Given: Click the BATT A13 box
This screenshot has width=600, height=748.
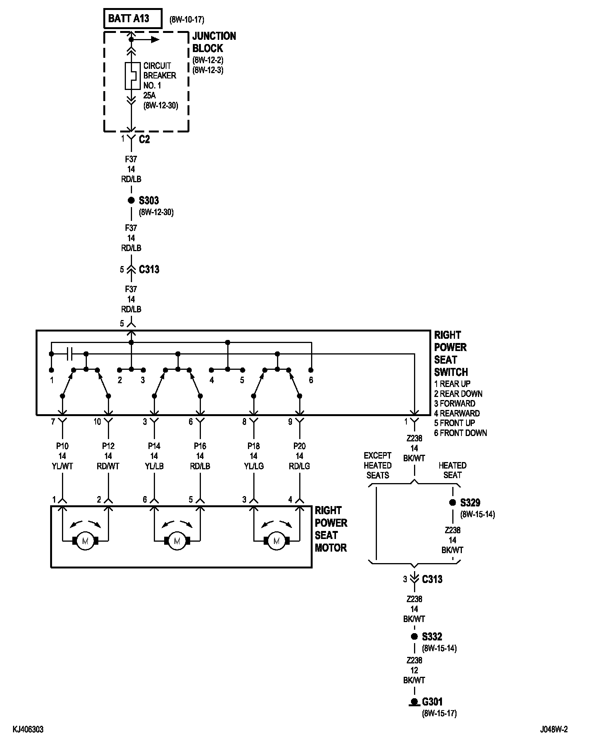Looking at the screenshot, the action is (x=132, y=18).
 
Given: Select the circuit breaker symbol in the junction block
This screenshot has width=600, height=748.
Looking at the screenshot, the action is (x=131, y=76).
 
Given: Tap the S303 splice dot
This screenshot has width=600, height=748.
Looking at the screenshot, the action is (x=131, y=200).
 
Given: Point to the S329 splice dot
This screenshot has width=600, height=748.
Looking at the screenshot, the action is (x=452, y=503).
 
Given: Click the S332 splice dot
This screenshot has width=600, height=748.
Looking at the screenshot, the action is (x=414, y=637).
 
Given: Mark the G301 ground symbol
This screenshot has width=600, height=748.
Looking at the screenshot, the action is (x=414, y=702).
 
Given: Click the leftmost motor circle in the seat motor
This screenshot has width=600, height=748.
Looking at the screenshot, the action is (x=85, y=541).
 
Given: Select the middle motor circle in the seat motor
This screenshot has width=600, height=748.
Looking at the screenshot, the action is (x=177, y=541).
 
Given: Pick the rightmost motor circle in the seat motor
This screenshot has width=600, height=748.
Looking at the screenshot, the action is (x=277, y=541).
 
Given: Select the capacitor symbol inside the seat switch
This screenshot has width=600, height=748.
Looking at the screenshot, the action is (x=69, y=354).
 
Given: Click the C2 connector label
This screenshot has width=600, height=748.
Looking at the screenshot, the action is (x=144, y=139).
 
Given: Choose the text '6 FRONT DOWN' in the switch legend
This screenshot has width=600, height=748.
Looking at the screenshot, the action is (x=460, y=433).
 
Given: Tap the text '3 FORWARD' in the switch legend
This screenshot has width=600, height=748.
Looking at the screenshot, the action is (x=455, y=403).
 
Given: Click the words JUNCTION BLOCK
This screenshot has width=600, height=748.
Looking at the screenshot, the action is (x=214, y=42).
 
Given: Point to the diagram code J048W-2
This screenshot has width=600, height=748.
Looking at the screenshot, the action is (x=554, y=730).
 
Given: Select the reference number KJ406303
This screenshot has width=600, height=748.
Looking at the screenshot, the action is (x=28, y=730).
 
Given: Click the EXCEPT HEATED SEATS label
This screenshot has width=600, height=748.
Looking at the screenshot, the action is (x=378, y=465).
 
